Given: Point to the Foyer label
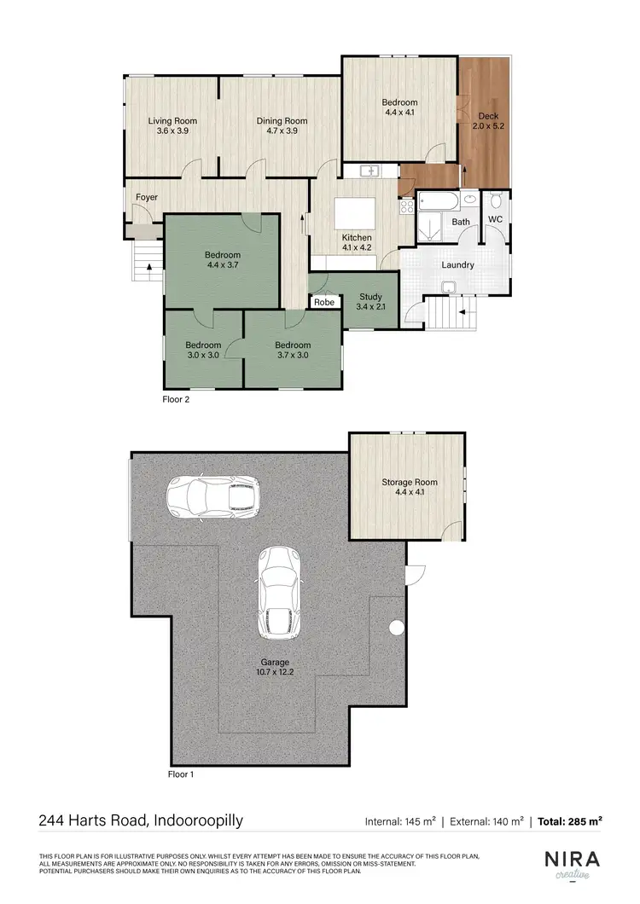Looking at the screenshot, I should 147,198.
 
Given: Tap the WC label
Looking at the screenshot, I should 495,219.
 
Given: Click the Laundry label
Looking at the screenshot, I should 457,264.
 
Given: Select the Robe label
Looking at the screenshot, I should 323,302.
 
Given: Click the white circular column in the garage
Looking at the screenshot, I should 397,629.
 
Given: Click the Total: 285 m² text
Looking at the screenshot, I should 570,821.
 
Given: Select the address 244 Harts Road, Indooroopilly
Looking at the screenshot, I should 141,821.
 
